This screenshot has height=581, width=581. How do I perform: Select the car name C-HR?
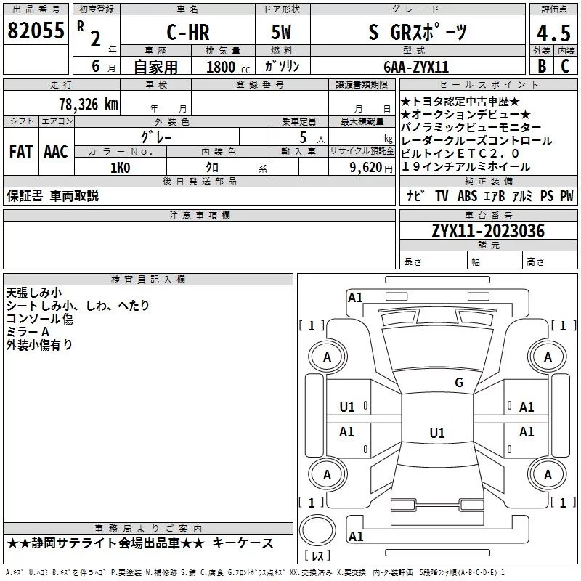185,33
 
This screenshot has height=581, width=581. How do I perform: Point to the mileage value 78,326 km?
88,104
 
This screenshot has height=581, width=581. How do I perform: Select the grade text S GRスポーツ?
417,33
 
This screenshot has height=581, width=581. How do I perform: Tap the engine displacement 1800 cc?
223,67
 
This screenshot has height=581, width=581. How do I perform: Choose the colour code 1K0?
120,167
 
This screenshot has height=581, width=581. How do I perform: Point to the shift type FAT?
21,152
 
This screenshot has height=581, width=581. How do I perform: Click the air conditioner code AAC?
55,152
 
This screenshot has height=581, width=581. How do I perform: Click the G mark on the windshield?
458,383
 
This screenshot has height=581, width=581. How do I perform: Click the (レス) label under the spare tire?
317,557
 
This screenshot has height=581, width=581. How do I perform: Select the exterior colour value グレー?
156,136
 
